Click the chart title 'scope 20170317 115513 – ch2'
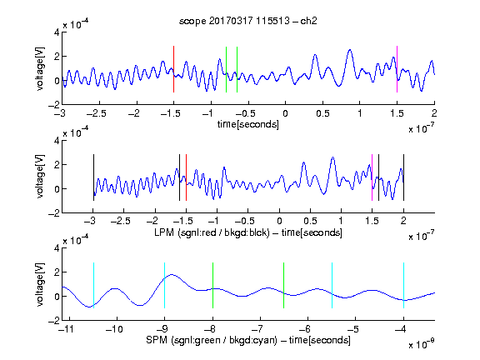click(x=247, y=21)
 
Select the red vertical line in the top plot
click(x=173, y=69)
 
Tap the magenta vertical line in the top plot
click(x=397, y=69)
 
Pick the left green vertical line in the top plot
click(x=226, y=69)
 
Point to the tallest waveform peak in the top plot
click(x=350, y=50)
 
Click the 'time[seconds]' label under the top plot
click(x=248, y=124)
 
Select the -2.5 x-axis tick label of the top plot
click(x=96, y=113)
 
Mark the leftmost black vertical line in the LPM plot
click(x=93, y=177)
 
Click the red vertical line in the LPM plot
click(x=186, y=177)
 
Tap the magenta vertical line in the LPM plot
click(x=372, y=177)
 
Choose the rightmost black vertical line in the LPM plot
click(x=403, y=177)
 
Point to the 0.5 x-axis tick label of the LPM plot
click(x=310, y=221)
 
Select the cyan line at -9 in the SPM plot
click(x=165, y=285)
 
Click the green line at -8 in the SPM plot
click(x=212, y=285)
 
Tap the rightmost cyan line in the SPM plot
click(x=403, y=285)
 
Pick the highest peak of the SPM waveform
click(x=172, y=275)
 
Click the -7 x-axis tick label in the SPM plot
click(x=259, y=329)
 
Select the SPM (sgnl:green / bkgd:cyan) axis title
click(x=248, y=340)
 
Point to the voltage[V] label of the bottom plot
click(x=40, y=284)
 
